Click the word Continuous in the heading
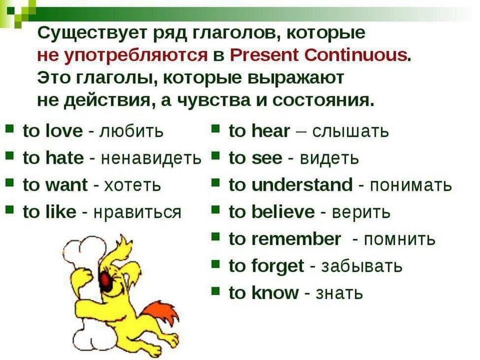(x=356, y=55)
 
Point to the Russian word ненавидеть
(x=151, y=158)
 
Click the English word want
(x=66, y=185)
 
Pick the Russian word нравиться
(x=137, y=212)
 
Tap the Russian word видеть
(x=329, y=159)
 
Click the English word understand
(x=302, y=185)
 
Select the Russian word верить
(x=361, y=212)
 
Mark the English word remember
(x=295, y=239)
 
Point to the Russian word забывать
(x=362, y=266)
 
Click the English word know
(x=274, y=293)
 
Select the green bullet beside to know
(x=216, y=290)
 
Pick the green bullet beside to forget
(x=216, y=263)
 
